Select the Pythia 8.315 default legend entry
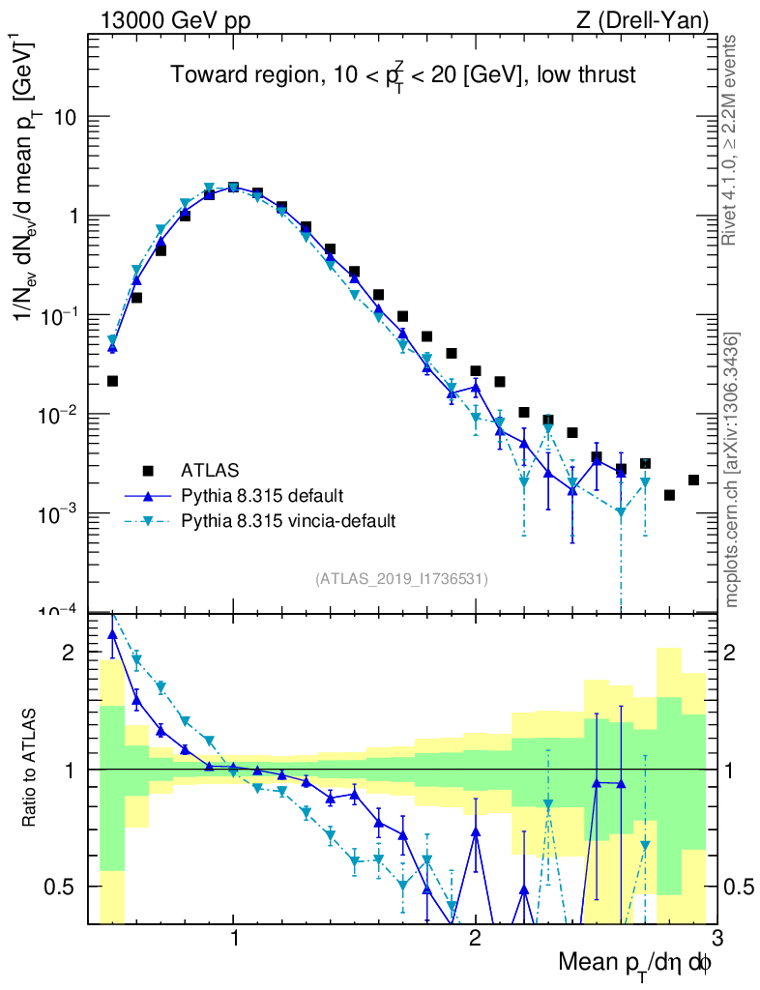tap(261, 496)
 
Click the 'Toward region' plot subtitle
tap(403, 75)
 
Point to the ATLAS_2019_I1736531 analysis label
tap(401, 579)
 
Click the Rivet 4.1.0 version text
tap(731, 140)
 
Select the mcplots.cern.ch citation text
tap(731, 470)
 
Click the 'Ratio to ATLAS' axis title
tap(31, 769)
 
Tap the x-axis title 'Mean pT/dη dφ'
tap(635, 963)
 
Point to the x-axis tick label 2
tap(475, 939)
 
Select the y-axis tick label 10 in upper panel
tap(64, 117)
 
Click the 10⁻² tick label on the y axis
tap(59, 415)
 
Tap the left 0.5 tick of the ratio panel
tap(60, 887)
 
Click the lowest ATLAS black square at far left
tap(112, 381)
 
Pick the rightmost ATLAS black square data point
tap(693, 480)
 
